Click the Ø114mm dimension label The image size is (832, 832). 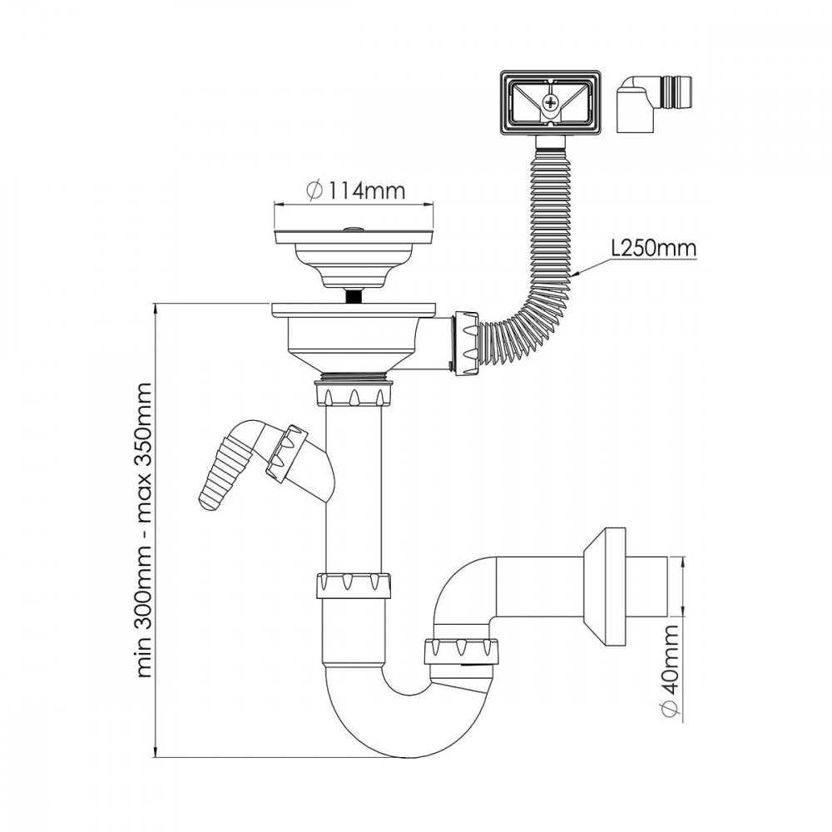tap(355, 190)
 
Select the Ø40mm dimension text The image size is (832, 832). tap(671, 671)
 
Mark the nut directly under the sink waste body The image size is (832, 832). tap(354, 394)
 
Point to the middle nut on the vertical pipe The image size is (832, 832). tap(354, 587)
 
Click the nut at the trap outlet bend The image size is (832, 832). tap(462, 651)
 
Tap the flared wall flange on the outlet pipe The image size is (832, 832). tap(605, 587)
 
